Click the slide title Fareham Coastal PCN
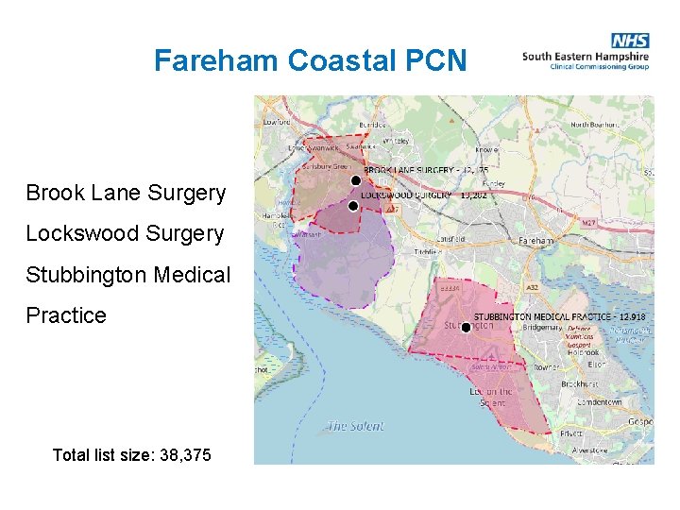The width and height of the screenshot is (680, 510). [x=310, y=61]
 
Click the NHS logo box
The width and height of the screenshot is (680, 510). [x=629, y=41]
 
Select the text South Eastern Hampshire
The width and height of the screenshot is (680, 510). [x=586, y=56]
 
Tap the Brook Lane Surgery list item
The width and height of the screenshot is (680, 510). [x=126, y=194]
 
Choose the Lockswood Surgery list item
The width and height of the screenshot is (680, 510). [x=125, y=233]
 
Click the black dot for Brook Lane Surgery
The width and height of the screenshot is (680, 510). [x=355, y=180]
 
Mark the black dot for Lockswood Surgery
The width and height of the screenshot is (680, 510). [x=353, y=205]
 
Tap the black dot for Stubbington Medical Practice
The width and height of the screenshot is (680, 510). [x=466, y=328]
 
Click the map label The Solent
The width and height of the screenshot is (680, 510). [x=355, y=426]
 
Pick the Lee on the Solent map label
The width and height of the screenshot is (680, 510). [x=492, y=397]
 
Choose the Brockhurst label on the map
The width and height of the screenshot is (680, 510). [x=580, y=384]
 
